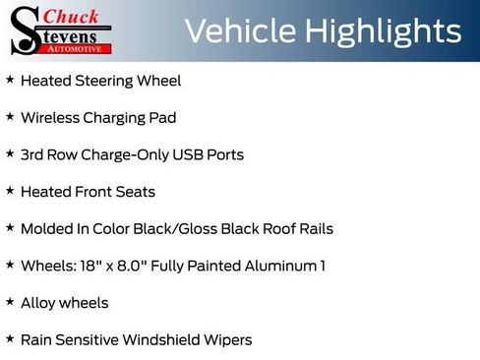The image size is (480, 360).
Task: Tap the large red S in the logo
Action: pos(27,30)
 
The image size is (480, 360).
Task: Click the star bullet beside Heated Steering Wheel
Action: pos(10,80)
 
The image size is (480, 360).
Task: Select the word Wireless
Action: pos(49,118)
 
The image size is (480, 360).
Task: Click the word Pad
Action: pos(161,118)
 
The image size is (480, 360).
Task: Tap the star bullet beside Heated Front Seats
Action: pos(10,191)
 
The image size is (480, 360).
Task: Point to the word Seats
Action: pos(136,192)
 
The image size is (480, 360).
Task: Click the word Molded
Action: pos(45,228)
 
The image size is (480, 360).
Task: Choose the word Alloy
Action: pos(37,303)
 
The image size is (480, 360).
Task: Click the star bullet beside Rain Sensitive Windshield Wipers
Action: pos(10,338)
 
